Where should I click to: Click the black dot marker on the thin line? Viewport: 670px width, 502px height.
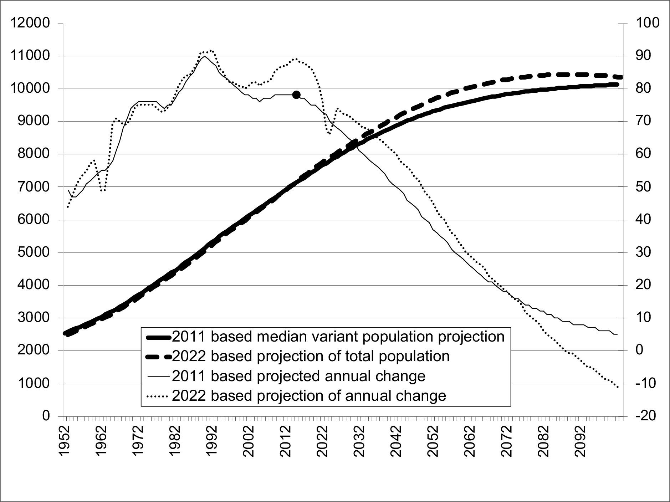pos(296,94)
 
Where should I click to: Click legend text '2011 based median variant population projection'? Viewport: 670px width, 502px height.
pos(338,336)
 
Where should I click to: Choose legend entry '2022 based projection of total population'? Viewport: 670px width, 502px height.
pos(310,356)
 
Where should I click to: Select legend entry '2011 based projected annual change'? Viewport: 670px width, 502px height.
pos(298,376)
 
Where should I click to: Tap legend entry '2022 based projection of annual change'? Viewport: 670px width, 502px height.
pos(309,396)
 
